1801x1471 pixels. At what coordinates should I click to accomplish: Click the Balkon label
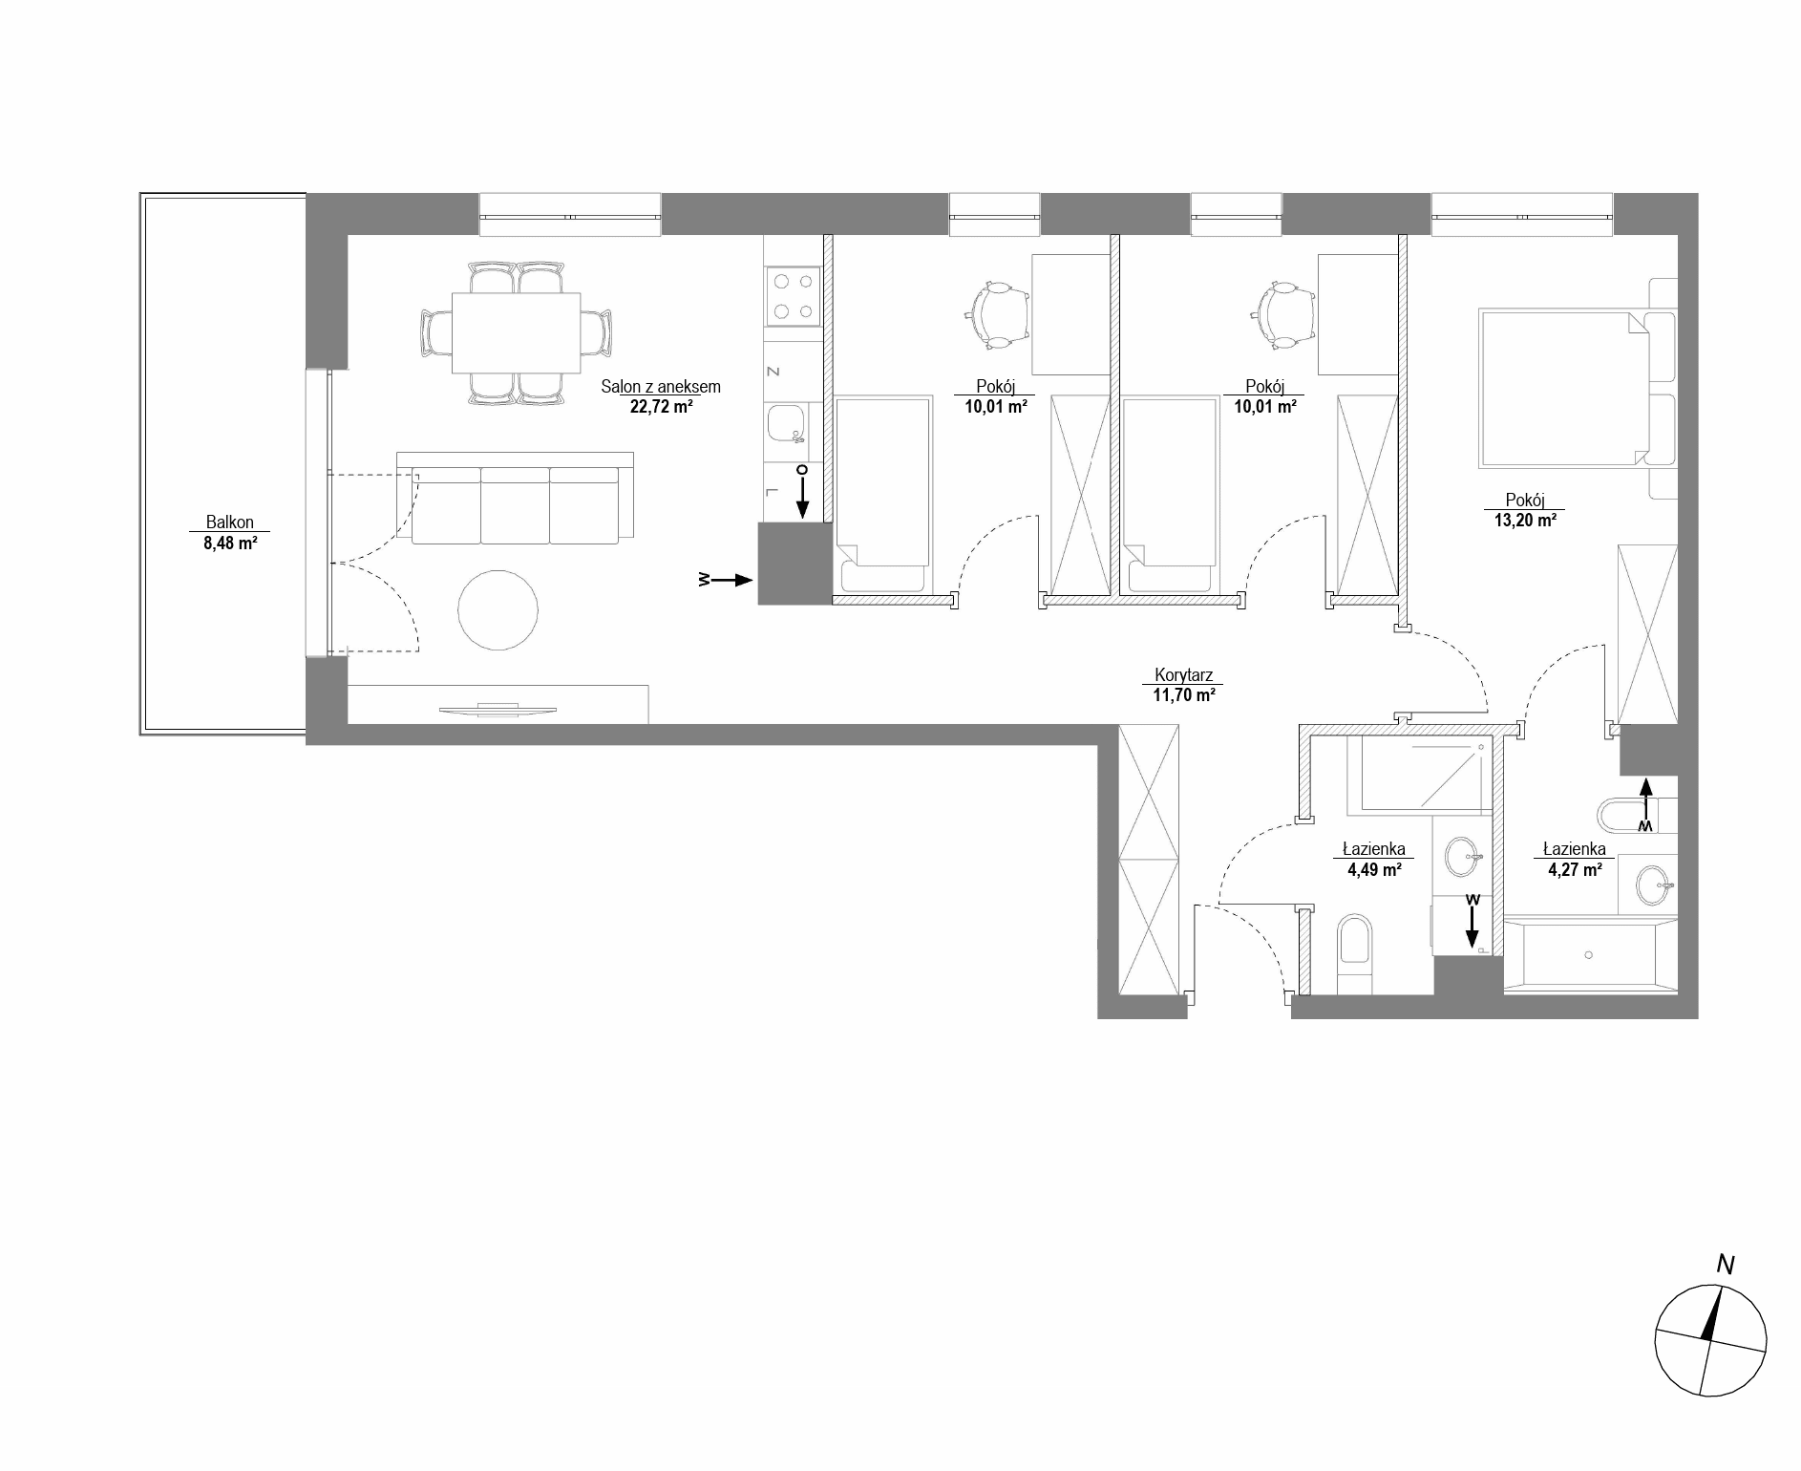tap(230, 522)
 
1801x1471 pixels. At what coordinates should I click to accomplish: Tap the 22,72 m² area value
tap(661, 406)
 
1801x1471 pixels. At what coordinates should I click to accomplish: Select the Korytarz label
tap(1182, 675)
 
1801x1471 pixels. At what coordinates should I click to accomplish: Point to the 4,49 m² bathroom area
tap(1374, 869)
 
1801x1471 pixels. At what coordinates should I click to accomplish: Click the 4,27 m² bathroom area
tap(1575, 869)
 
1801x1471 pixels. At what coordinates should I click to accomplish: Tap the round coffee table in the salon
tap(498, 609)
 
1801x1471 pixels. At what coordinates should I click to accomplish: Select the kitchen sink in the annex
tap(787, 423)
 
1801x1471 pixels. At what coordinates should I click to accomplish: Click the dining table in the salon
tap(516, 333)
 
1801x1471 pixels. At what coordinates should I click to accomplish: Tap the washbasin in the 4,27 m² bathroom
tap(1655, 885)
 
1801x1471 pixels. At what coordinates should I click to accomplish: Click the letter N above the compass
tap(1726, 1265)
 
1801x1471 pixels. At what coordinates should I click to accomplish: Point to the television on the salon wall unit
tap(497, 708)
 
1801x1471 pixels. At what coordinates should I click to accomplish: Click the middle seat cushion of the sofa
tap(515, 505)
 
